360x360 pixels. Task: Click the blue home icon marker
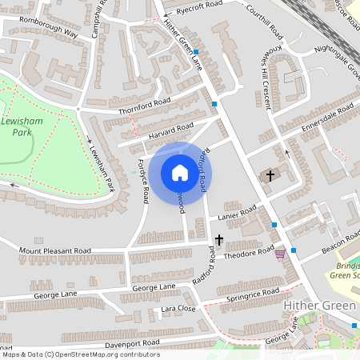(180, 172)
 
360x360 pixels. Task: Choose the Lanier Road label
(238, 212)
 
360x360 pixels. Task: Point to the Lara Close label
(178, 308)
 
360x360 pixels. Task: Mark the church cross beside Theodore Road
(218, 239)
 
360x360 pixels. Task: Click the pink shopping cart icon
(280, 254)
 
